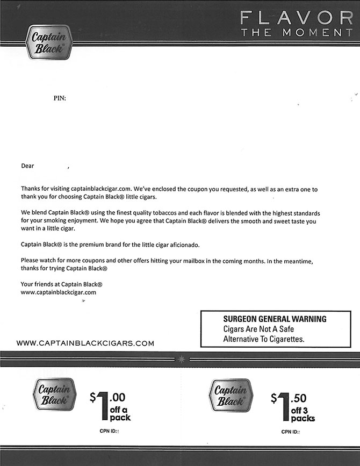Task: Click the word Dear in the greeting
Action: pos(27,166)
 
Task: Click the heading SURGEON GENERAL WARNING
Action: pos(275,319)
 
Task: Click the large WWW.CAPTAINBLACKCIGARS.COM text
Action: pos(85,343)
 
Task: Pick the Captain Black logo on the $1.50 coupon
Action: pos(230,396)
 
